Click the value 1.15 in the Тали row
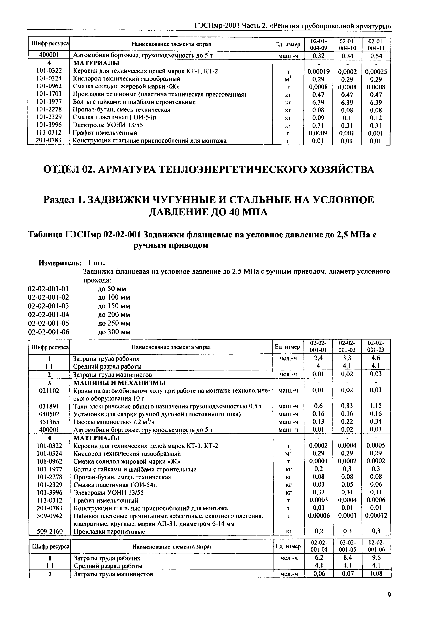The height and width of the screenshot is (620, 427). (x=376, y=406)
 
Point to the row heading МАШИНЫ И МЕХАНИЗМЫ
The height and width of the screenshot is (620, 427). (x=119, y=383)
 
